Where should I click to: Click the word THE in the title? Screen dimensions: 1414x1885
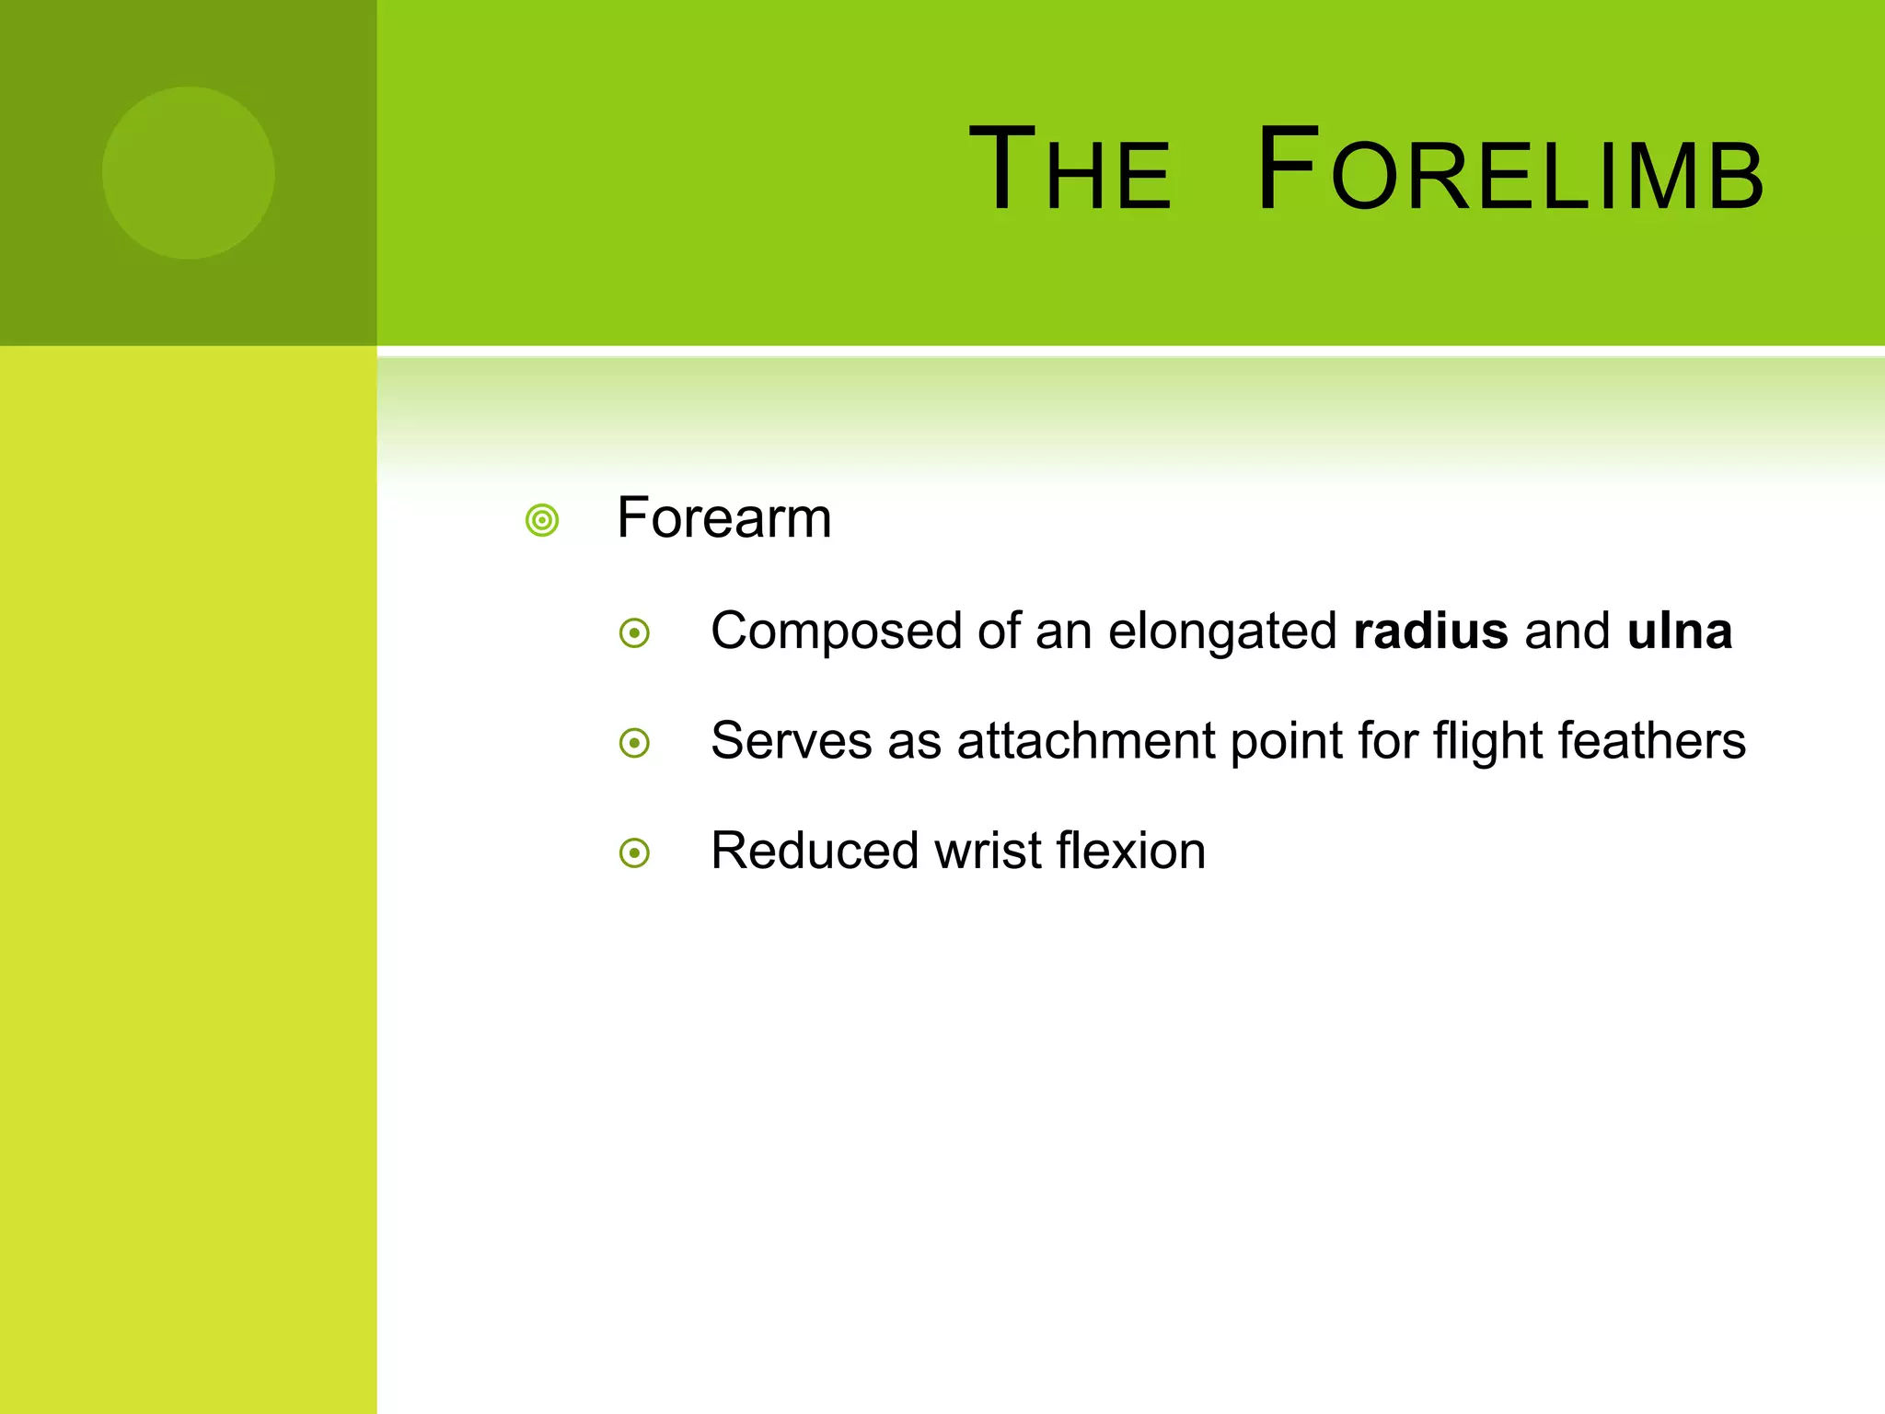[1070, 170]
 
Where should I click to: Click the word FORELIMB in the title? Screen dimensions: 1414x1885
[1509, 170]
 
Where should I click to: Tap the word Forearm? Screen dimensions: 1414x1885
[723, 518]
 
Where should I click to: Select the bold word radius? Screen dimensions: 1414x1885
[1430, 632]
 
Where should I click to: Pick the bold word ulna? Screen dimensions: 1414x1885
[1679, 632]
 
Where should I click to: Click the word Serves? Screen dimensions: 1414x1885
[791, 741]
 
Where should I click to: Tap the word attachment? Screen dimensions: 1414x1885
[1085, 741]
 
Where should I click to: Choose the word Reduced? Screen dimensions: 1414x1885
[815, 851]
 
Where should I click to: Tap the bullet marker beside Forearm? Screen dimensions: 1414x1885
[542, 520]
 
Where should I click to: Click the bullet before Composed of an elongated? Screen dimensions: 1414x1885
[634, 633]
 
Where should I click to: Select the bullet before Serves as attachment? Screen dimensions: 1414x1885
[634, 743]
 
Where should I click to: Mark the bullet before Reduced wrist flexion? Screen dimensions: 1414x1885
[634, 852]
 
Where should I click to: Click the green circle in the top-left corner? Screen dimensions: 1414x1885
[189, 173]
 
